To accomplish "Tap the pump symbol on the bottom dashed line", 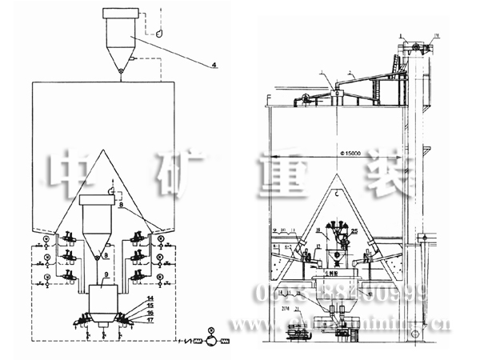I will click(x=210, y=331).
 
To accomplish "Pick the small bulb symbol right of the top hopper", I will click(x=159, y=34).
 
